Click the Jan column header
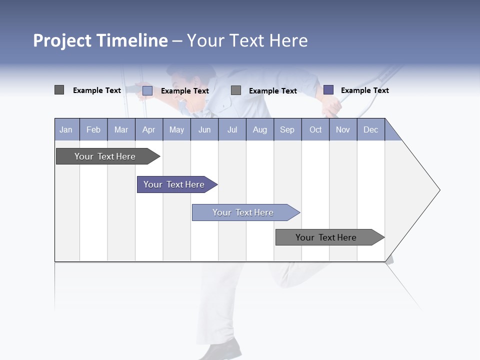coord(66,129)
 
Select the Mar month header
coord(121,129)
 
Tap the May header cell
coord(176,129)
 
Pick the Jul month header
coord(232,129)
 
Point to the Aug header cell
coord(259,129)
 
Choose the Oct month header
coord(315,129)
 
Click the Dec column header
coord(370,129)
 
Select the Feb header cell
coord(93,129)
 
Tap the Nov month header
coord(342,129)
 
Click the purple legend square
coord(328,90)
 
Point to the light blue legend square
coord(147,90)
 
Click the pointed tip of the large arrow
coord(438,190)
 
